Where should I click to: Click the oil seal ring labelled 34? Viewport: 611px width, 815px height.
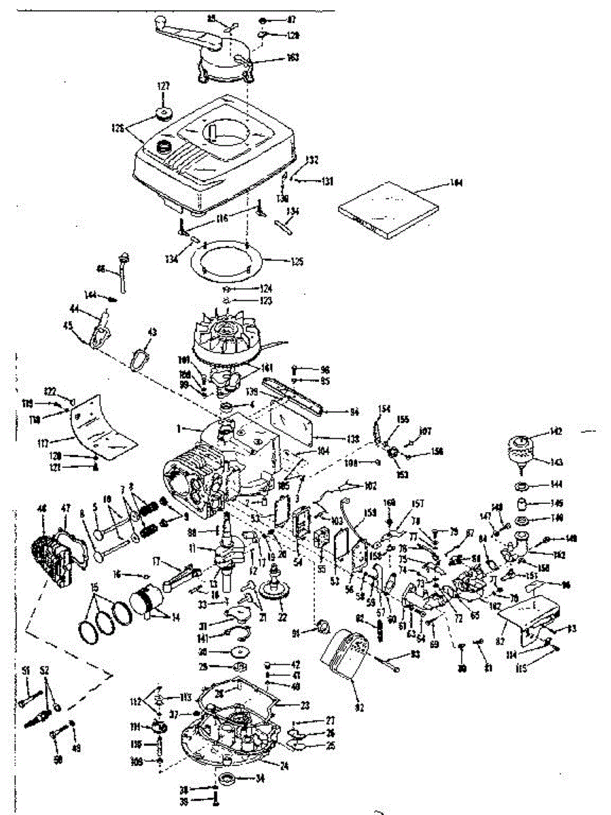(x=227, y=777)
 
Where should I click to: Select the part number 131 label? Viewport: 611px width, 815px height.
(x=328, y=181)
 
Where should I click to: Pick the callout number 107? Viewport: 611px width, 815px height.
(x=426, y=431)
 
